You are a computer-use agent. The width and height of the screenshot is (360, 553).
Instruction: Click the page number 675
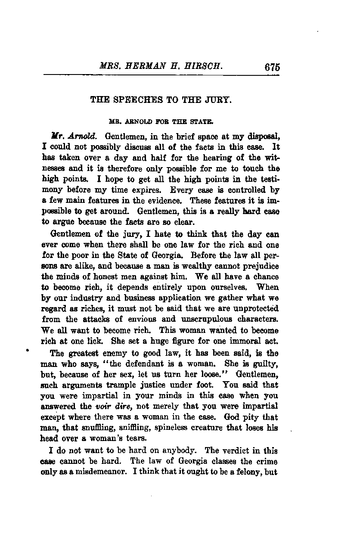point(273,67)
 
